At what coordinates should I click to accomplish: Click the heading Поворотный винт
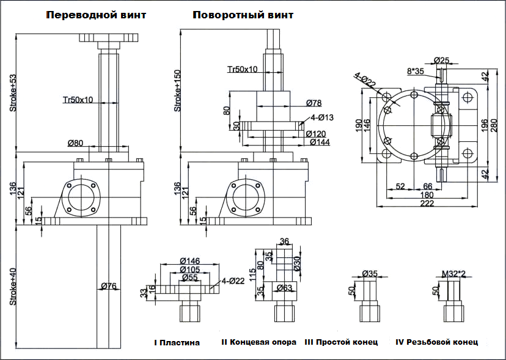[243, 15]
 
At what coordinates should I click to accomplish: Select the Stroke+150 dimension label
[178, 93]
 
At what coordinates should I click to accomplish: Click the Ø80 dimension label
[76, 144]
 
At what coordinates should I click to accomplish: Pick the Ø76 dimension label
[109, 285]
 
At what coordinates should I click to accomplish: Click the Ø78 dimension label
[313, 103]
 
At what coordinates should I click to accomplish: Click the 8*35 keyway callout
[416, 71]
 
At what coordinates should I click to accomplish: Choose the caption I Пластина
[177, 343]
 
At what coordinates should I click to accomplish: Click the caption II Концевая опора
[258, 342]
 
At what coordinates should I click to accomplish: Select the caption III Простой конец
[341, 342]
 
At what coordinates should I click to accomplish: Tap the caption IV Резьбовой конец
[437, 342]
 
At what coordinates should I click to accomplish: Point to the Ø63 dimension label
[285, 287]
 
